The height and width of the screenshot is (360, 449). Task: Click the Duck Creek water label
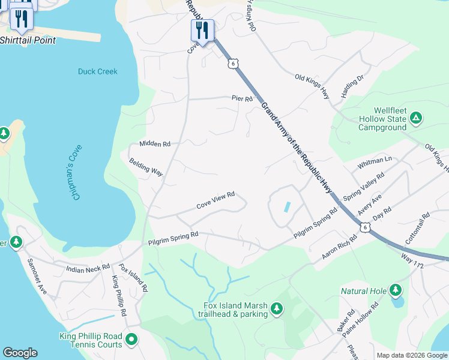(98, 71)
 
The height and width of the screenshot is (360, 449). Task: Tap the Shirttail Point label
(28, 40)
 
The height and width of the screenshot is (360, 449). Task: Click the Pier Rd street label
(242, 98)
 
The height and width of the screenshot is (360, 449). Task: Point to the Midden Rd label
(155, 144)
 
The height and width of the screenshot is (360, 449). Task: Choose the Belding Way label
(146, 167)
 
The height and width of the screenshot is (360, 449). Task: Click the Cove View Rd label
(215, 202)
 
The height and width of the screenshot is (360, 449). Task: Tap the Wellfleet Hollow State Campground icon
(416, 118)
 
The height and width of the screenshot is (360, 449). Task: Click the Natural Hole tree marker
(395, 291)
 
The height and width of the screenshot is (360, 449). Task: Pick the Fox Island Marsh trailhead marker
(276, 308)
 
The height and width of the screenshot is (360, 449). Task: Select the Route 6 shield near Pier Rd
(232, 63)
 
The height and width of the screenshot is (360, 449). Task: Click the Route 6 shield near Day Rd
(364, 227)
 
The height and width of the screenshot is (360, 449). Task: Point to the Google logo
(20, 353)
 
